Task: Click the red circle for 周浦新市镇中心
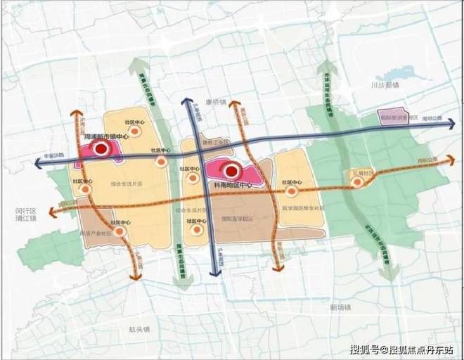(x=101, y=148)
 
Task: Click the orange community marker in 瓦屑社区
(x=357, y=182)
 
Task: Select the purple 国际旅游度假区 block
(x=398, y=117)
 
